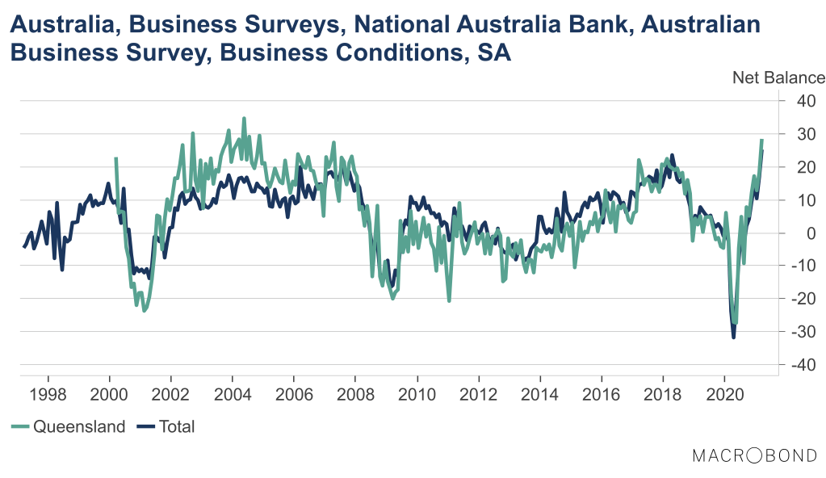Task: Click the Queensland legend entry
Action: point(79,426)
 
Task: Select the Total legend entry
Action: point(177,426)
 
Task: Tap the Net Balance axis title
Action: point(778,78)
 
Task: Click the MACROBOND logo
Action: point(754,456)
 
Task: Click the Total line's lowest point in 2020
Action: point(733,337)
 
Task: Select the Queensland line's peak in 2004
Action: point(244,119)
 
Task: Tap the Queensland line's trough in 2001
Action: point(145,310)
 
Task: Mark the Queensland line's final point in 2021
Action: point(761,140)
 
